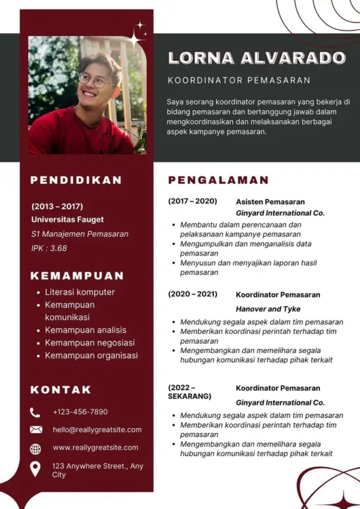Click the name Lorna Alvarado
pos(256,59)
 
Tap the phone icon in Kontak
pos(35,412)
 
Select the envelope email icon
pos(36,430)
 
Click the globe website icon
pos(36,449)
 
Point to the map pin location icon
pos(36,470)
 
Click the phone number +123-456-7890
pos(80,412)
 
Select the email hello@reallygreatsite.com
pos(97,429)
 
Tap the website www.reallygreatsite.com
pos(95,447)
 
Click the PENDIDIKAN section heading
pos(76,180)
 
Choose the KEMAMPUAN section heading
pos(77,276)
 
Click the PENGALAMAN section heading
pos(218,180)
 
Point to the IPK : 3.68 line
pos(49,248)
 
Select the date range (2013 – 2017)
pos(57,206)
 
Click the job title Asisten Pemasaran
pos(270,202)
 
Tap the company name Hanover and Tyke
pos(268,309)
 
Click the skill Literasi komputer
pos(80,292)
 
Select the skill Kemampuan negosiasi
pos(90,343)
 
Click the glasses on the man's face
pos(95,81)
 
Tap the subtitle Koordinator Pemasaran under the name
pos(239,81)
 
